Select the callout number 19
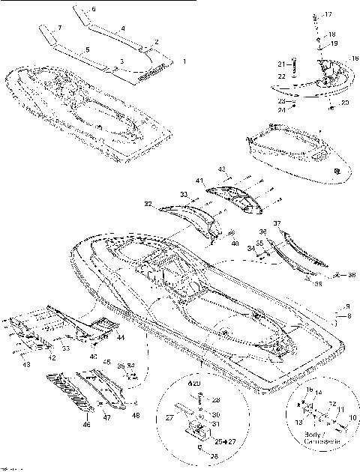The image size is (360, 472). tap(334, 43)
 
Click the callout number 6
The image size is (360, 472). tap(94, 9)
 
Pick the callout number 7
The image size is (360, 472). tap(61, 27)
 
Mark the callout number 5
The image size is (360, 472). tap(87, 49)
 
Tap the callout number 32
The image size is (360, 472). tap(148, 204)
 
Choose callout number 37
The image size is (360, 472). tap(277, 223)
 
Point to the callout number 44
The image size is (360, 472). tap(121, 339)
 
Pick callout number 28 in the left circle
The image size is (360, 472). tap(215, 401)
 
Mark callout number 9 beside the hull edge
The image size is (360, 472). tap(348, 307)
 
